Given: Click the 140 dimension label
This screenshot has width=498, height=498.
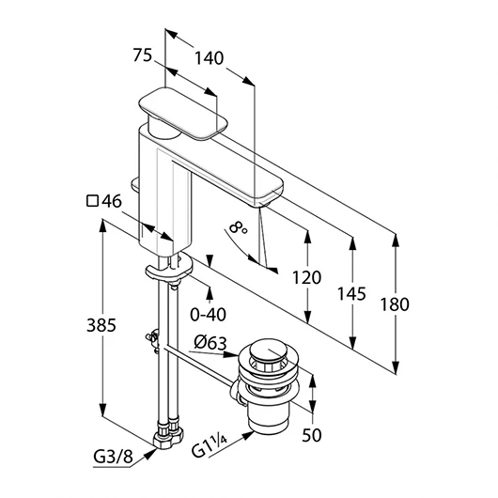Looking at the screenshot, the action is pyautogui.click(x=209, y=58).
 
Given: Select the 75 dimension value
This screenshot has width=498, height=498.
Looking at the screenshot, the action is pyautogui.click(x=143, y=54).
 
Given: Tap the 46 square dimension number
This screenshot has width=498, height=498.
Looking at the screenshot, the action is pyautogui.click(x=112, y=201).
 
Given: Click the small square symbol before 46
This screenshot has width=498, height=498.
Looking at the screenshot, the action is pyautogui.click(x=92, y=201).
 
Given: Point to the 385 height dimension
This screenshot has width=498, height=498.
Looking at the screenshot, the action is pyautogui.click(x=101, y=325).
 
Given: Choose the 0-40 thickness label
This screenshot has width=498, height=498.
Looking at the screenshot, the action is pyautogui.click(x=208, y=315).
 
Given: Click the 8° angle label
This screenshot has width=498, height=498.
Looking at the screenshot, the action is pyautogui.click(x=238, y=227).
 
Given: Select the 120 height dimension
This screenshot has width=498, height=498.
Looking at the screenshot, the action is pyautogui.click(x=306, y=277).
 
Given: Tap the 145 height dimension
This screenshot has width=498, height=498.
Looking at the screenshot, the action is pyautogui.click(x=351, y=294).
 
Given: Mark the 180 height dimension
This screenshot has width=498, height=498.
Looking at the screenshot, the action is pyautogui.click(x=395, y=304).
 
